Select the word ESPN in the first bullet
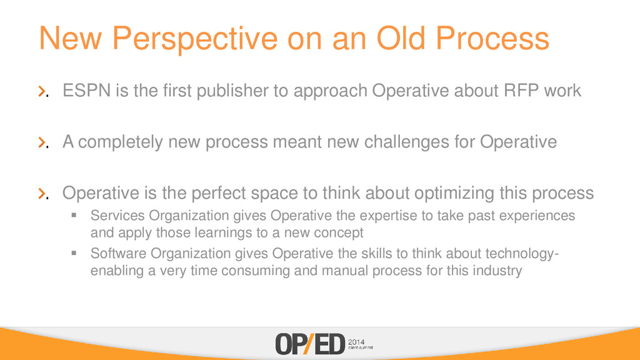click(86, 90)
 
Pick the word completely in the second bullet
click(121, 142)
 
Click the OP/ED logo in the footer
click(310, 344)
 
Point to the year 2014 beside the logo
click(356, 342)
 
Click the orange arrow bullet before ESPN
click(42, 91)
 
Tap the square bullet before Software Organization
click(74, 253)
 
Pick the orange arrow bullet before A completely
click(42, 142)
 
